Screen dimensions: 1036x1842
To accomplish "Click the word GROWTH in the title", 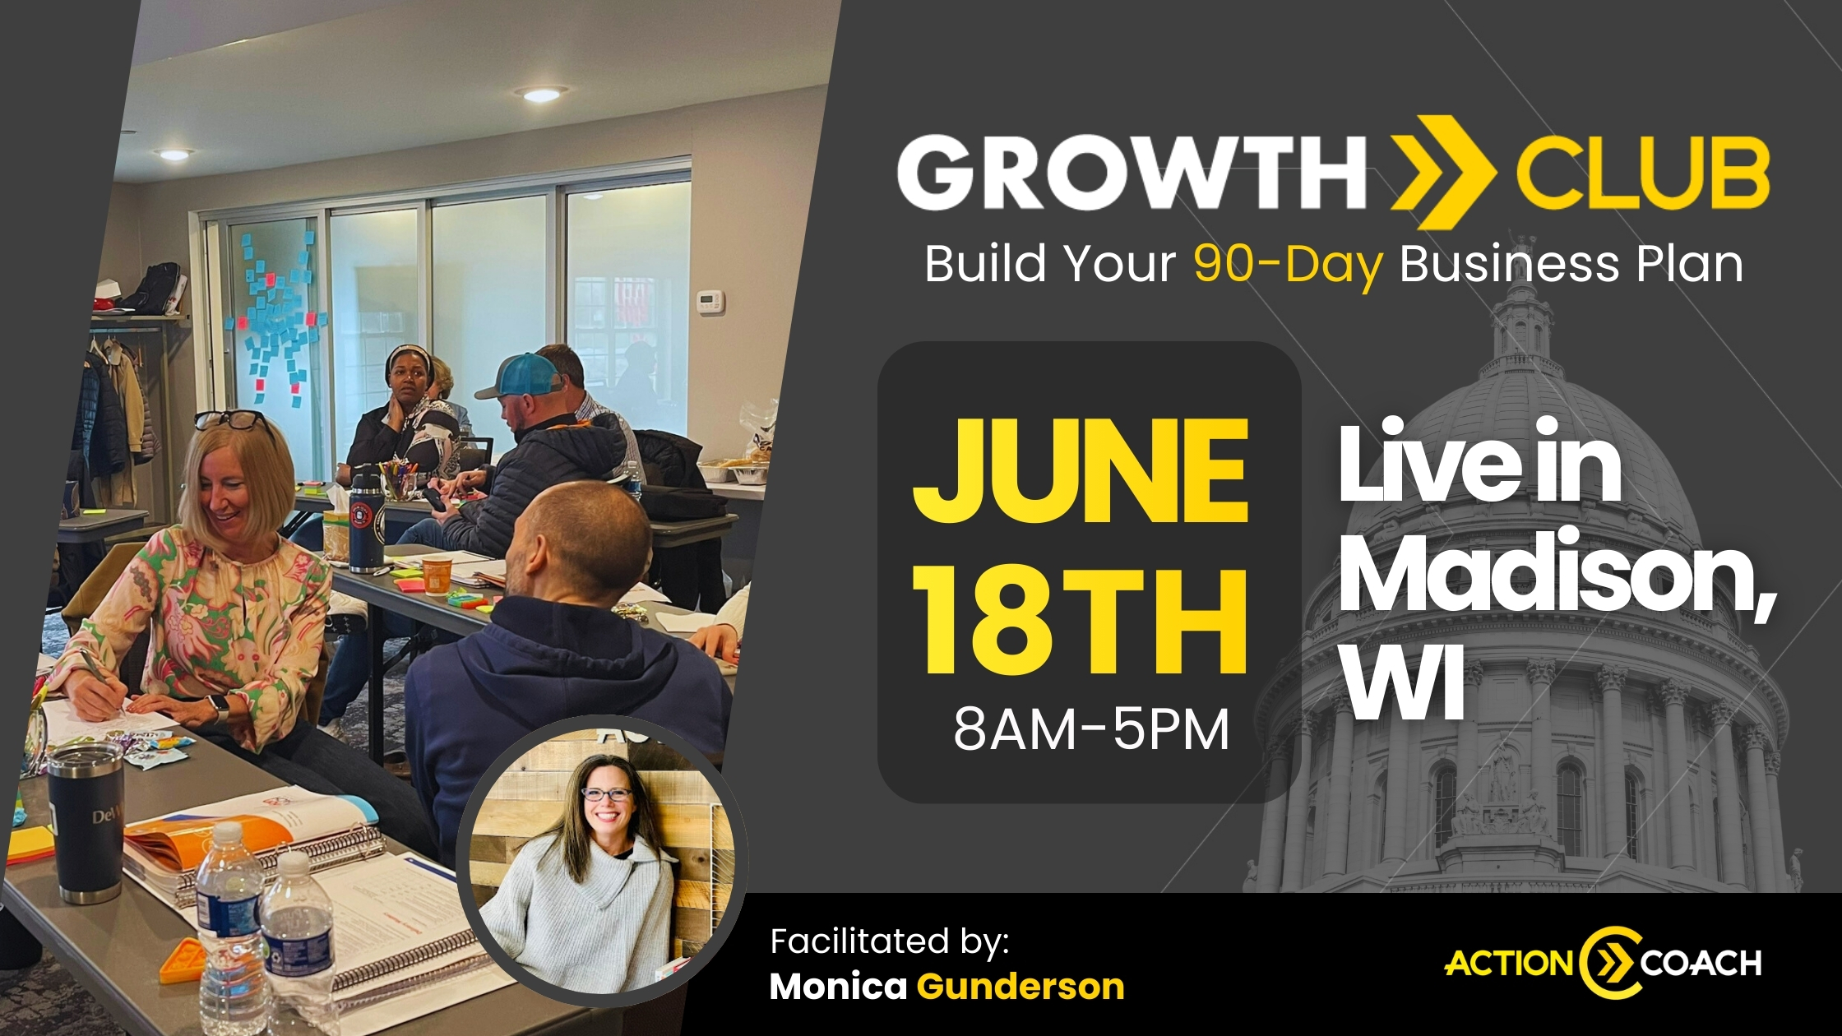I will [x=1131, y=174].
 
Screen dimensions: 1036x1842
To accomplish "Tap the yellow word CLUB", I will [x=1642, y=174].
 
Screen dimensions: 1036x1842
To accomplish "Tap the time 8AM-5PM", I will [x=1091, y=729].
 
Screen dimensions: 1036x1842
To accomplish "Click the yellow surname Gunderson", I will [x=1021, y=986].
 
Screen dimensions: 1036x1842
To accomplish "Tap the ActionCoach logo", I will [x=1603, y=963].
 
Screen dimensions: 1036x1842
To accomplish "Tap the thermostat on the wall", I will [x=710, y=301].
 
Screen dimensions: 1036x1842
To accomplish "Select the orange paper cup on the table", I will [x=437, y=573].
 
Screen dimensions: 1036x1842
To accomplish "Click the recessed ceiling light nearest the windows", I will [x=541, y=94].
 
